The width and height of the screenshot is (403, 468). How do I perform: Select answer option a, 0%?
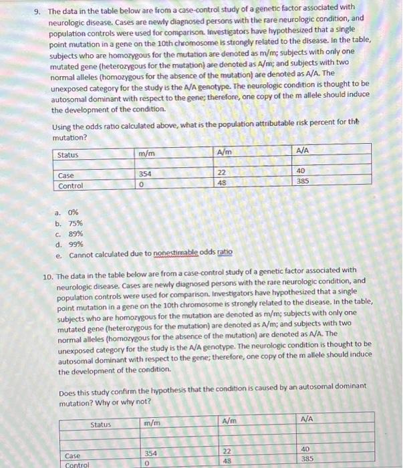70,211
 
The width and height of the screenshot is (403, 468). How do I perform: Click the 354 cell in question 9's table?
145,172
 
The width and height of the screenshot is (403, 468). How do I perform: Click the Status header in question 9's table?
68,155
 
